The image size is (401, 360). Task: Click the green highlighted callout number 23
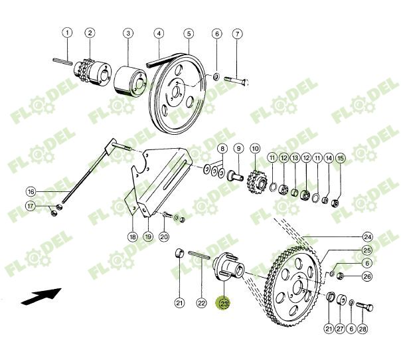tap(224, 304)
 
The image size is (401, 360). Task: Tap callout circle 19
tap(147, 236)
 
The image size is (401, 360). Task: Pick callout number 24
tap(367, 236)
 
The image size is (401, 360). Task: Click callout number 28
tap(362, 329)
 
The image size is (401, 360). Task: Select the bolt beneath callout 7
tap(236, 80)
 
